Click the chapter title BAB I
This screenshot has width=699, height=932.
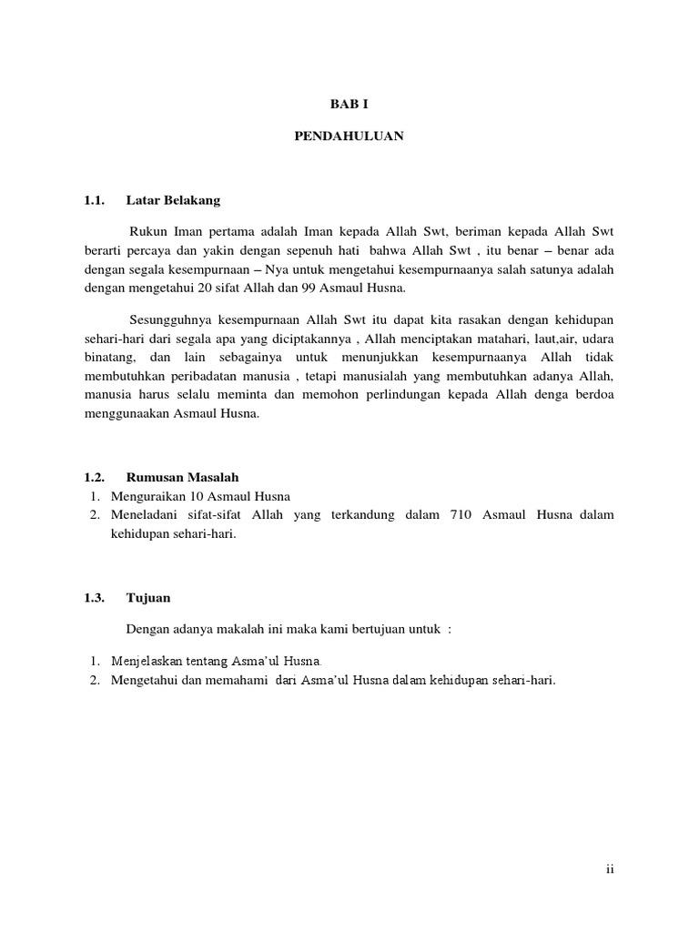(349, 104)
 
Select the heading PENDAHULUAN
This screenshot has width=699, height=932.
(349, 137)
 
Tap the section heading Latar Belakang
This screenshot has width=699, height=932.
(173, 199)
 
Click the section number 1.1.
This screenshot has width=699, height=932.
(95, 199)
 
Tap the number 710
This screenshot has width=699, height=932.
(461, 515)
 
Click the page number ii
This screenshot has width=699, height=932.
(611, 869)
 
